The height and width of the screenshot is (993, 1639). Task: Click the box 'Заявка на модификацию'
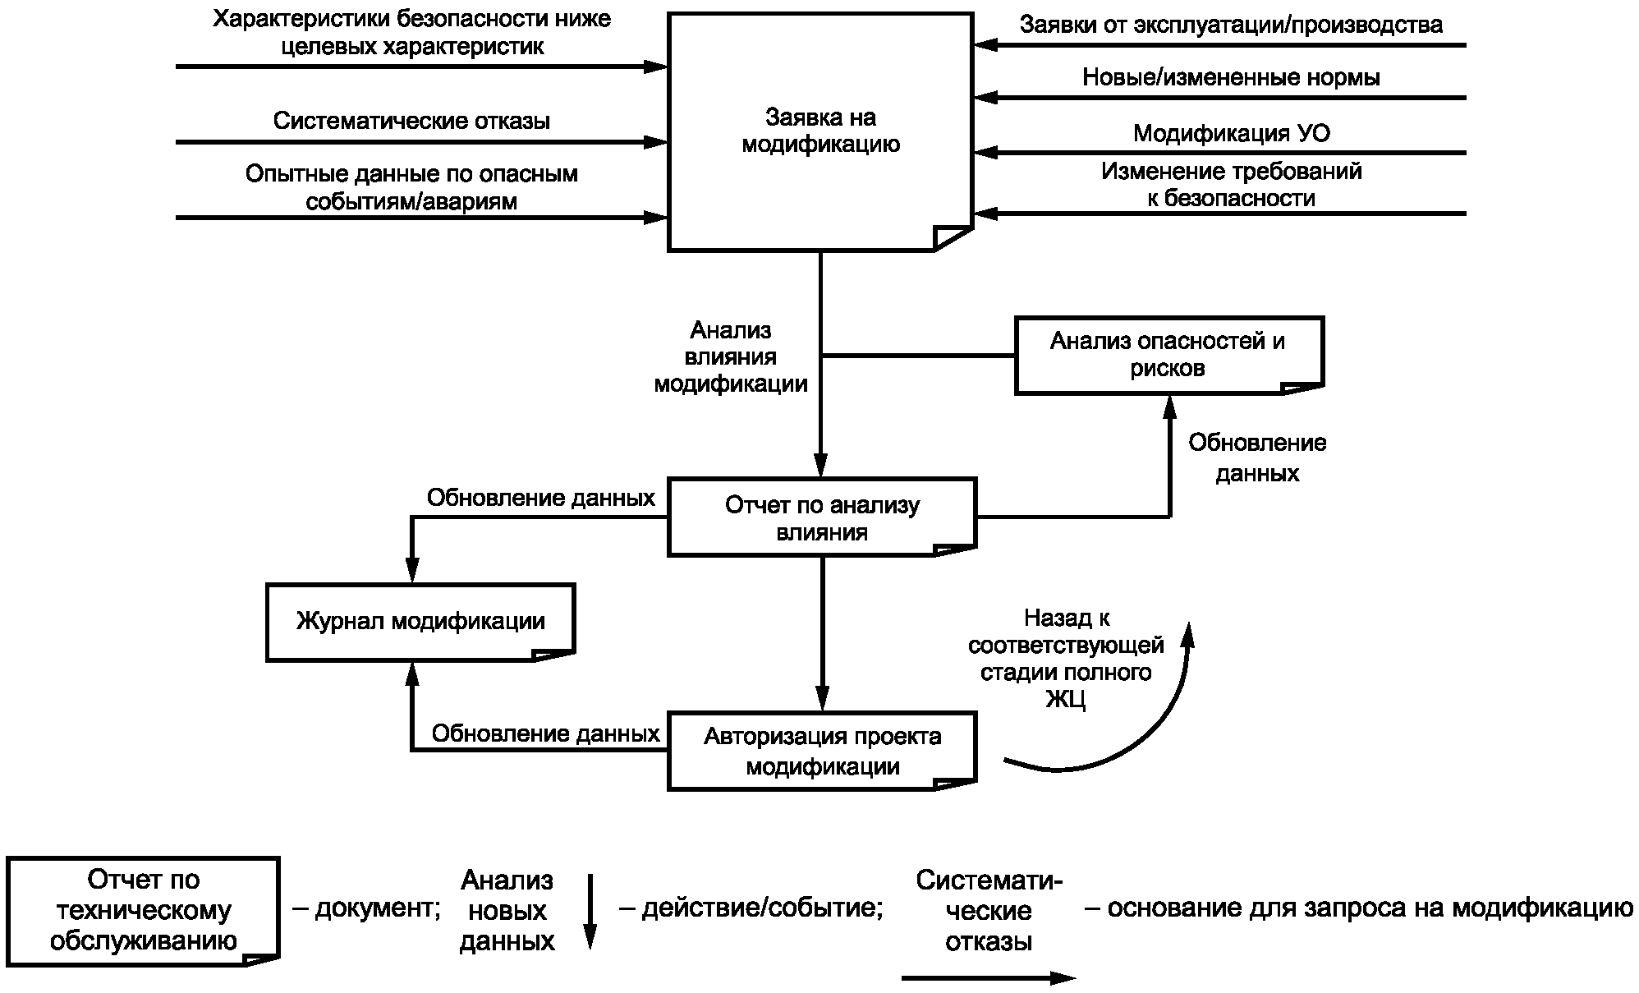(820, 131)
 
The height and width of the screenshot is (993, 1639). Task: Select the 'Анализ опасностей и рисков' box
(1168, 355)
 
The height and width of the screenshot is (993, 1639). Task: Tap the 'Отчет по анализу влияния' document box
(822, 517)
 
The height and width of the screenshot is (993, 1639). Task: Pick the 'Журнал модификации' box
(420, 622)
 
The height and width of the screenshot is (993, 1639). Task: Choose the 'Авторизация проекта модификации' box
(822, 751)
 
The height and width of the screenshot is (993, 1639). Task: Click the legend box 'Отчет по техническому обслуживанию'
(144, 911)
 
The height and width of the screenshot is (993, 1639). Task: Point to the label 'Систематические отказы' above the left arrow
(411, 121)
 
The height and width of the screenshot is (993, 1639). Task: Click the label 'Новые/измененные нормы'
(1231, 77)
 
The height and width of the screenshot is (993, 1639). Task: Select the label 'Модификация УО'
(1231, 133)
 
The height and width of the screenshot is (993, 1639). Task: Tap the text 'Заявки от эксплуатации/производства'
(1231, 25)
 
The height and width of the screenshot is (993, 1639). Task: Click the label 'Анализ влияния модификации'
(731, 356)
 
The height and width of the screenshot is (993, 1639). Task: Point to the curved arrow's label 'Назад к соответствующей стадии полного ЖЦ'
(1066, 659)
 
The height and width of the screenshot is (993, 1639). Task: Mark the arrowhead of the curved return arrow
(1187, 633)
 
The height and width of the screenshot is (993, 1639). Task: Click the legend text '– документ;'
(366, 908)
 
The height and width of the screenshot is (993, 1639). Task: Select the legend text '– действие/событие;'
(751, 908)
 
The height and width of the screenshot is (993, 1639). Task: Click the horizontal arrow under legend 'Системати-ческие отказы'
(989, 977)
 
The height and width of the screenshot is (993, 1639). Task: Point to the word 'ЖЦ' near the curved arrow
(1066, 700)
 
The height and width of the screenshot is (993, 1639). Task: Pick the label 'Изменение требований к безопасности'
(1231, 185)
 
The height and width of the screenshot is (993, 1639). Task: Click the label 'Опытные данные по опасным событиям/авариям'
(411, 187)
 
